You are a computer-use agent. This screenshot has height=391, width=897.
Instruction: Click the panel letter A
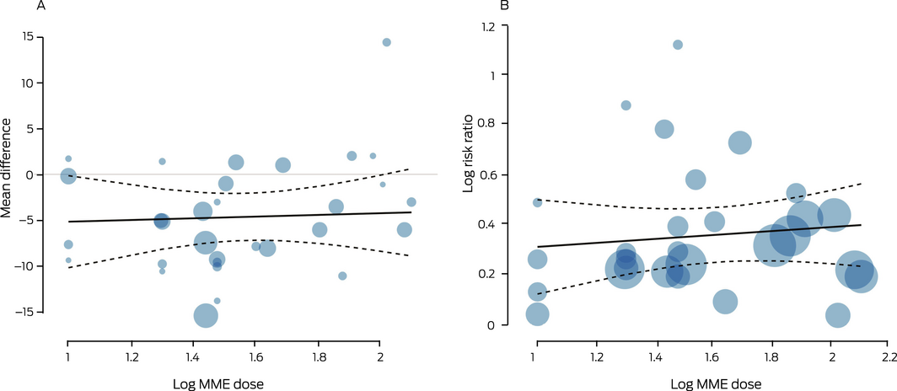point(40,7)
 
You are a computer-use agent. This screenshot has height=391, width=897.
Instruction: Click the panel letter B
point(505,7)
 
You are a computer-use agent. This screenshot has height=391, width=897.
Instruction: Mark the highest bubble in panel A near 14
point(386,42)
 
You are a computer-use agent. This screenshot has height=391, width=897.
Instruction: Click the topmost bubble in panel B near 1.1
point(678,45)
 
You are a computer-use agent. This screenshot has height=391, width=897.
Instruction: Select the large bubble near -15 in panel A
point(206,315)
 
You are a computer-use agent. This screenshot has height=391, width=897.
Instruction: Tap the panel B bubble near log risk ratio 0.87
point(626,105)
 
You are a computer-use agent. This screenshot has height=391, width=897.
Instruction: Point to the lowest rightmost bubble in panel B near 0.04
point(837,315)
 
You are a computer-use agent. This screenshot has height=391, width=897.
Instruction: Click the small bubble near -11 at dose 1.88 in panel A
point(342,276)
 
